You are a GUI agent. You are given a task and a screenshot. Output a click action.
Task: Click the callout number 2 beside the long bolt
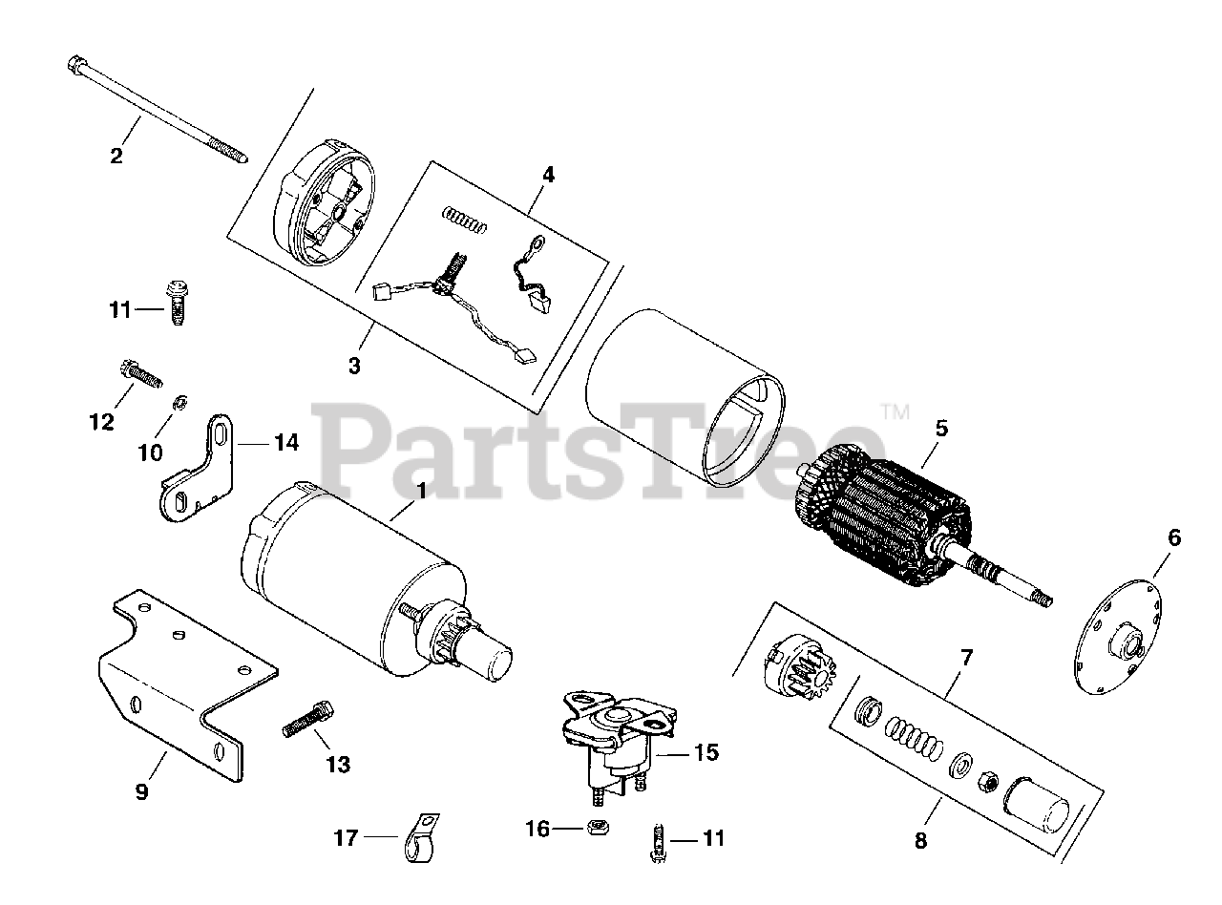[116, 156]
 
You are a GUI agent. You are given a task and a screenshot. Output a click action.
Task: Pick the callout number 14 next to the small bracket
[285, 442]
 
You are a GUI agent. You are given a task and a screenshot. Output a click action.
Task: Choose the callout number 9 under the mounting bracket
[142, 791]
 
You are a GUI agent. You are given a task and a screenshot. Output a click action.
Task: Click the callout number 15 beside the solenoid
[706, 752]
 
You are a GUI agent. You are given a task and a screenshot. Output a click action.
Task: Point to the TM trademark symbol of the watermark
[895, 413]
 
